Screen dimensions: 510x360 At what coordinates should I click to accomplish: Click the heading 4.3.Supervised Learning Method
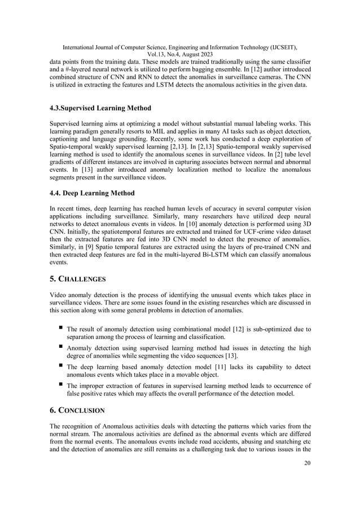(100, 108)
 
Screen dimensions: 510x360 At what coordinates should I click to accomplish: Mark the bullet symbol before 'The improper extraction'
(59, 383)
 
